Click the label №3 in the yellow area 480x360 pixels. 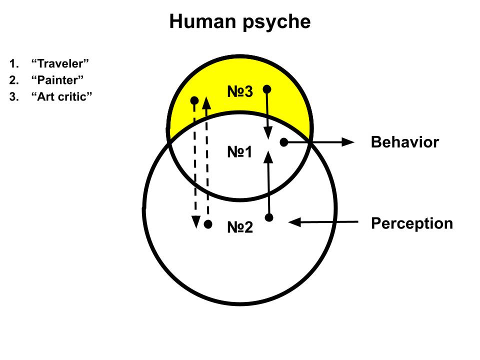tap(240, 91)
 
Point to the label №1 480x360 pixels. tap(240, 152)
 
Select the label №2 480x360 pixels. tap(240, 228)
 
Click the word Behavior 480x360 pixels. tap(404, 142)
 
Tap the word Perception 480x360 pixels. tap(411, 223)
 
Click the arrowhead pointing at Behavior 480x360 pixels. tap(348, 142)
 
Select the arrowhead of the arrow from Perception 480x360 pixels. tap(295, 222)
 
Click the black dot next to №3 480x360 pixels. tap(267, 89)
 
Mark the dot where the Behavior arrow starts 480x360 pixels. tap(284, 142)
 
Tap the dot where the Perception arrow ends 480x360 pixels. tap(269, 217)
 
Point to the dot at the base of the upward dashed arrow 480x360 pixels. tap(208, 224)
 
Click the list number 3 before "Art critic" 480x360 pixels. tap(12, 96)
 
